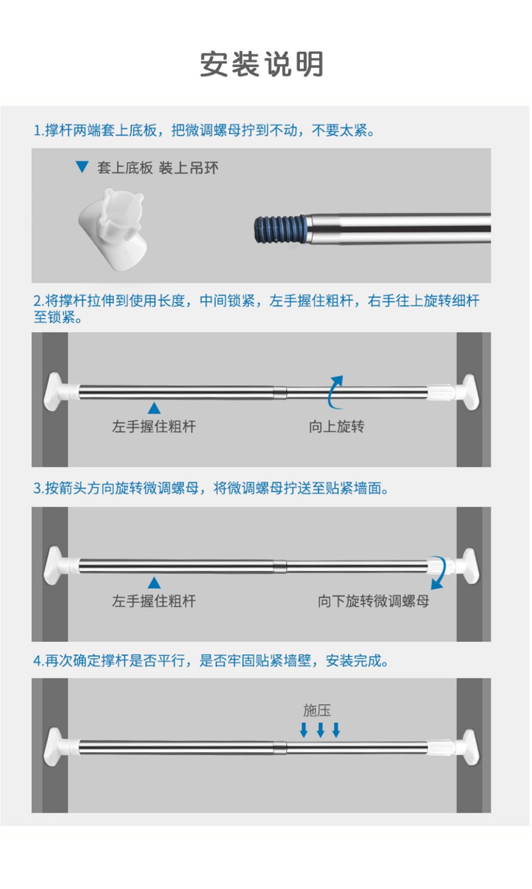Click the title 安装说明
[x=262, y=64]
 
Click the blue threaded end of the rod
[x=280, y=229]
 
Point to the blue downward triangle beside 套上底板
[x=82, y=167]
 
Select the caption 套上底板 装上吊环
[x=158, y=168]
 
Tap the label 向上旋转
[x=337, y=427]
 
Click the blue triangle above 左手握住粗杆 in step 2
[x=154, y=408]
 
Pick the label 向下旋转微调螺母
[x=373, y=601]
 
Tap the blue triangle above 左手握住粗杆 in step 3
[x=154, y=583]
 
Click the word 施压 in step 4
[x=317, y=711]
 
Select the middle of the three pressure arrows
[x=320, y=730]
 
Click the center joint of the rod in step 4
[x=280, y=747]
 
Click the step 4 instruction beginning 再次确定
[x=211, y=661]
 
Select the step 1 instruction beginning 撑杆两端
[x=204, y=130]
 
